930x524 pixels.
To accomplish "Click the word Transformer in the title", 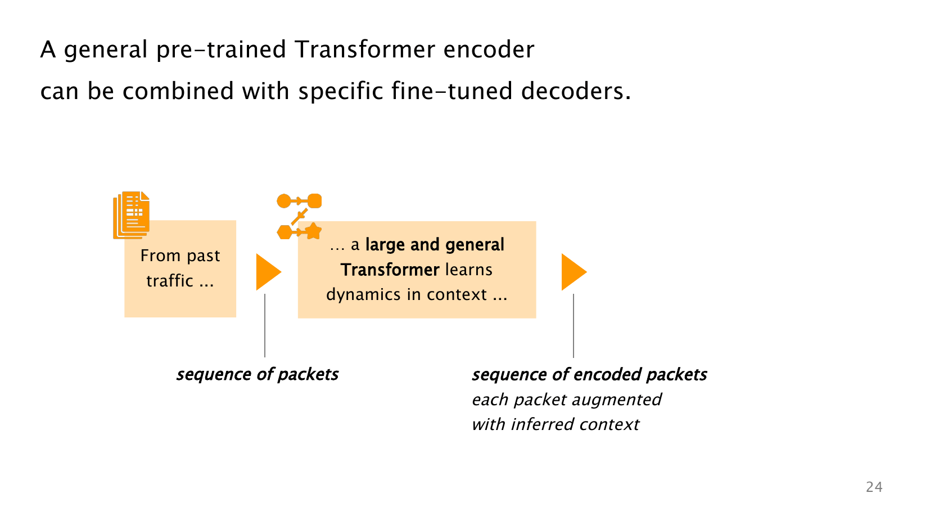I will (365, 50).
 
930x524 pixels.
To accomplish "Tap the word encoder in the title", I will (489, 50).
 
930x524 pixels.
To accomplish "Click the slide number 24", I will (874, 487).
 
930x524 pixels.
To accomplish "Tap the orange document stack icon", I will (132, 215).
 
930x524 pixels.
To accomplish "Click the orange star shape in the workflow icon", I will (313, 231).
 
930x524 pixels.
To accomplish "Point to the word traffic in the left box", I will (170, 281).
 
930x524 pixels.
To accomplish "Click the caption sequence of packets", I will (258, 374).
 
